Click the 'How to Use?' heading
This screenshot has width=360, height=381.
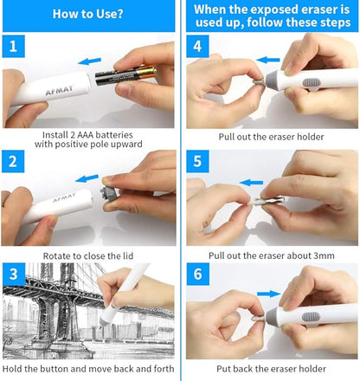tap(88, 14)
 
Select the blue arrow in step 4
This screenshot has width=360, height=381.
tap(269, 61)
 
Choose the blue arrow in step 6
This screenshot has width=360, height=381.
tap(269, 294)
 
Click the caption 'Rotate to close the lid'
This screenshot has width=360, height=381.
tap(89, 255)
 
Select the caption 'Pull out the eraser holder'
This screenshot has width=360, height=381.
tap(271, 137)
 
